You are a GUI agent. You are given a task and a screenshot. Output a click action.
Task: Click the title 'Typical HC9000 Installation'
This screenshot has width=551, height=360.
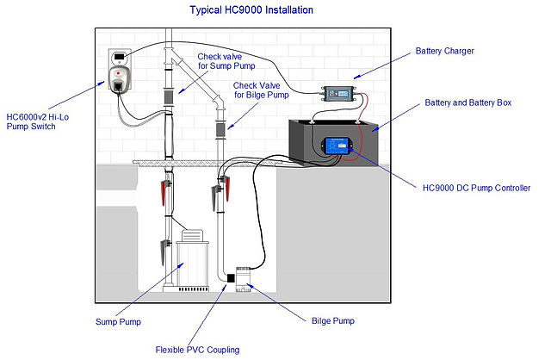point(251,10)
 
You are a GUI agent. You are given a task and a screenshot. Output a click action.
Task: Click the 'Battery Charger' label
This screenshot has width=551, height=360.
point(444,51)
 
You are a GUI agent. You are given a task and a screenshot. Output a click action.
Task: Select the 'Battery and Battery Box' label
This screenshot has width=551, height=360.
point(467,102)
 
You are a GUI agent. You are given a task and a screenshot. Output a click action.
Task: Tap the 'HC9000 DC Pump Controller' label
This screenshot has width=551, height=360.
point(476,187)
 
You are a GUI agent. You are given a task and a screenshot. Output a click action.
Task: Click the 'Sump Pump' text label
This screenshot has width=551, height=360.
point(118,322)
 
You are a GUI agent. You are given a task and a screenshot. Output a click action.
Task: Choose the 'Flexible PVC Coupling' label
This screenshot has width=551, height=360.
point(197,349)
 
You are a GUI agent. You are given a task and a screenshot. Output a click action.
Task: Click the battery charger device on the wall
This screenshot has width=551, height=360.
point(335,92)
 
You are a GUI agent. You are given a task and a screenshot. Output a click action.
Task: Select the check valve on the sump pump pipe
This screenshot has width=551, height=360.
point(170,100)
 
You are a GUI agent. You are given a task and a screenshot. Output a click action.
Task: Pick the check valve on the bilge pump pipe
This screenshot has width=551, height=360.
point(220,131)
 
